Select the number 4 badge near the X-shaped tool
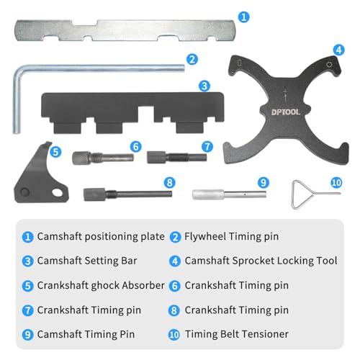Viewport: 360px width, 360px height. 338,50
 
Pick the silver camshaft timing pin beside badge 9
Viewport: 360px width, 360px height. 230,194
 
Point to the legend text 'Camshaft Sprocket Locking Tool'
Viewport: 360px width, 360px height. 261,261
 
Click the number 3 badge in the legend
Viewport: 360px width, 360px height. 27,261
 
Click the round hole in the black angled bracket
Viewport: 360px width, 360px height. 24,192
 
